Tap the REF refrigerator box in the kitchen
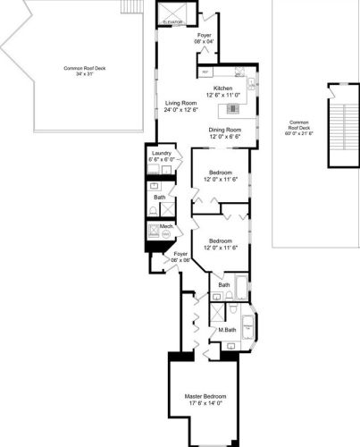click(x=205, y=72)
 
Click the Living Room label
click(x=180, y=103)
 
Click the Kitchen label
click(x=222, y=88)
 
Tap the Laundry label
click(x=162, y=154)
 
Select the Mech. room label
click(x=165, y=227)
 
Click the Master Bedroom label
click(x=205, y=396)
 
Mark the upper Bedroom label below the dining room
click(x=221, y=172)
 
